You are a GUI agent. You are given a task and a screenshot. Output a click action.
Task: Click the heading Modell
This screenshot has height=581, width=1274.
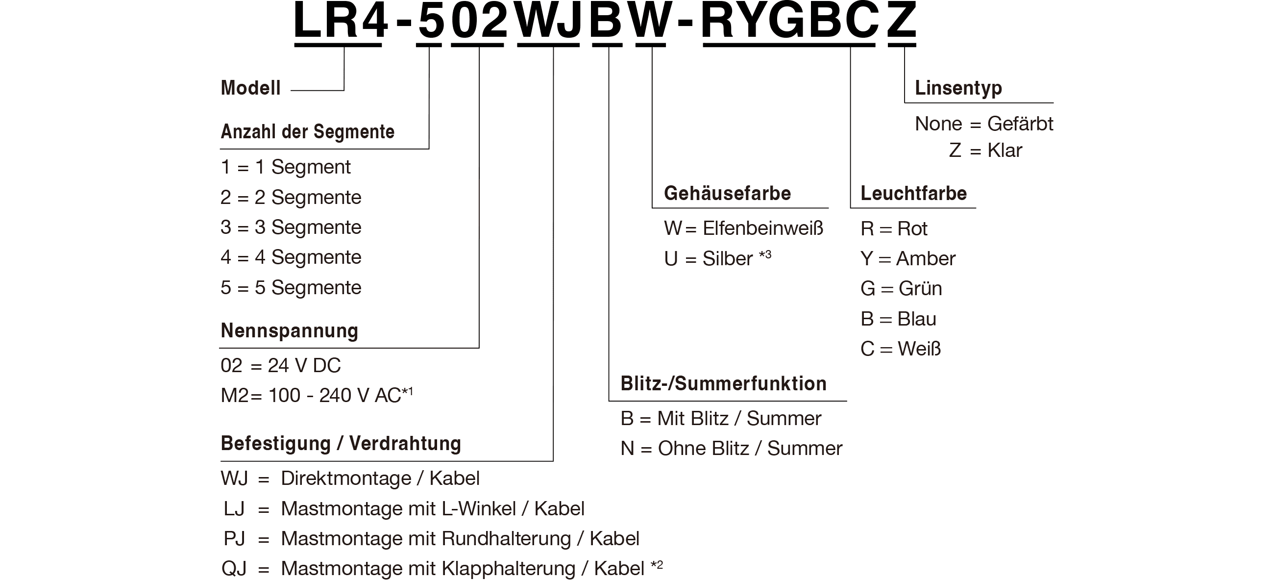(251, 88)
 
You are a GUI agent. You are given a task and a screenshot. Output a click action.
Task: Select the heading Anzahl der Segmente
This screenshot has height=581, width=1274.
(308, 131)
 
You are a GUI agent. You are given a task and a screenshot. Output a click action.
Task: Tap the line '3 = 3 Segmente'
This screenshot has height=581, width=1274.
(291, 227)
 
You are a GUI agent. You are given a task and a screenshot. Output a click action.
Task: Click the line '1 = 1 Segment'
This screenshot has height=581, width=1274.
(285, 167)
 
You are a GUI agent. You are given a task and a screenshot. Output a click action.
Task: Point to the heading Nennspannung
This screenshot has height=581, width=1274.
(289, 330)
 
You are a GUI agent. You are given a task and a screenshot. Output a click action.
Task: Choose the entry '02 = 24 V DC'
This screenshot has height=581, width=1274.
(280, 366)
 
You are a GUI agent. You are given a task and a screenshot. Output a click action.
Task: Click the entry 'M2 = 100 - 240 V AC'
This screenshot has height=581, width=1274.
(317, 395)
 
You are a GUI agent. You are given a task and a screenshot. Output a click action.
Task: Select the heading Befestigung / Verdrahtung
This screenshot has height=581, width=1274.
(341, 443)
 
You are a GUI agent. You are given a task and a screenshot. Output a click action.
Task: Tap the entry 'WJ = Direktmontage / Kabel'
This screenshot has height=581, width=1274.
(350, 479)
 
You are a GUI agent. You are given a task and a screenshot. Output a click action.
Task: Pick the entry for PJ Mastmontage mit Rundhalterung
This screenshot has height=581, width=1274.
(431, 538)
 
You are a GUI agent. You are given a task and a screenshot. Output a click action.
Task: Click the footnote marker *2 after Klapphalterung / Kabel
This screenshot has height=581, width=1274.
(657, 565)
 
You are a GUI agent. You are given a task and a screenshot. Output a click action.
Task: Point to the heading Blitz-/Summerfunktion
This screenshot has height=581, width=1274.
(724, 383)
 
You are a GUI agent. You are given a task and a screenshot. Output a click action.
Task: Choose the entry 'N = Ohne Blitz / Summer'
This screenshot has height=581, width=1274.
(732, 448)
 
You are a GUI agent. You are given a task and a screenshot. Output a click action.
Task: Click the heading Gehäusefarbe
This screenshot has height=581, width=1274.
(728, 194)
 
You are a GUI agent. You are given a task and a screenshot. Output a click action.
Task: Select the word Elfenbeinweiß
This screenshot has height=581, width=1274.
(763, 228)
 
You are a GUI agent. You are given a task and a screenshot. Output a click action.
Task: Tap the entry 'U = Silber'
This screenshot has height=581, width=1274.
(718, 258)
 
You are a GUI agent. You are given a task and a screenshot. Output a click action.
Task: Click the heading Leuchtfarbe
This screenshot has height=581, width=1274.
(914, 194)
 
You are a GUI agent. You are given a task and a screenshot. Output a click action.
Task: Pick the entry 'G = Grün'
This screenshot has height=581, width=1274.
(901, 288)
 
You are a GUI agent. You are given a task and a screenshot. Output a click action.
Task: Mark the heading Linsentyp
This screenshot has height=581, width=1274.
(958, 88)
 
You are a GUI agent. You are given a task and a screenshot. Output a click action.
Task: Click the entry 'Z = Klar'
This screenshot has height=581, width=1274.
(985, 150)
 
